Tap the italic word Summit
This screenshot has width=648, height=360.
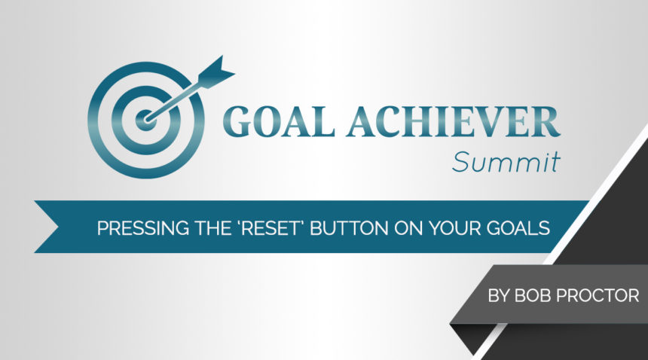tap(506, 160)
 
